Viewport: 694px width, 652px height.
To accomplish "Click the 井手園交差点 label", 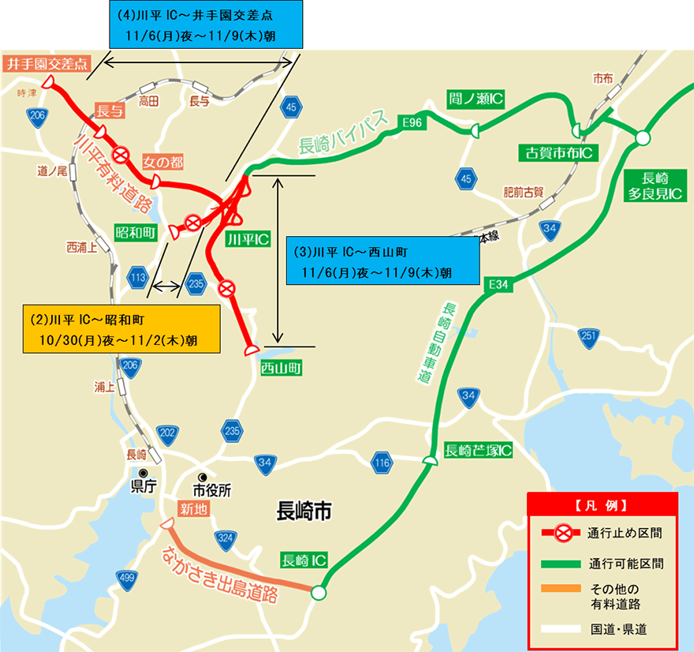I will pos(48,64).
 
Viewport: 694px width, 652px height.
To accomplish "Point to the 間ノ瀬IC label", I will pos(476,99).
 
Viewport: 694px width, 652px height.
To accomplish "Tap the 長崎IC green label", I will pos(304,560).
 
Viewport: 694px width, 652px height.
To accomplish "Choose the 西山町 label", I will pos(281,368).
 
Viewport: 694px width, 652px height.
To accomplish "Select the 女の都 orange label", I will pos(162,162).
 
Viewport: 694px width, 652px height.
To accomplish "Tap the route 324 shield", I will pos(226,539).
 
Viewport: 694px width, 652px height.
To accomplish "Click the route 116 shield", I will pos(382,463).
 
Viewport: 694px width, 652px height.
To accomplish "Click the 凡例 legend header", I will pos(602,504).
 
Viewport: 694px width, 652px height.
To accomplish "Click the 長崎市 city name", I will pos(304,512).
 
